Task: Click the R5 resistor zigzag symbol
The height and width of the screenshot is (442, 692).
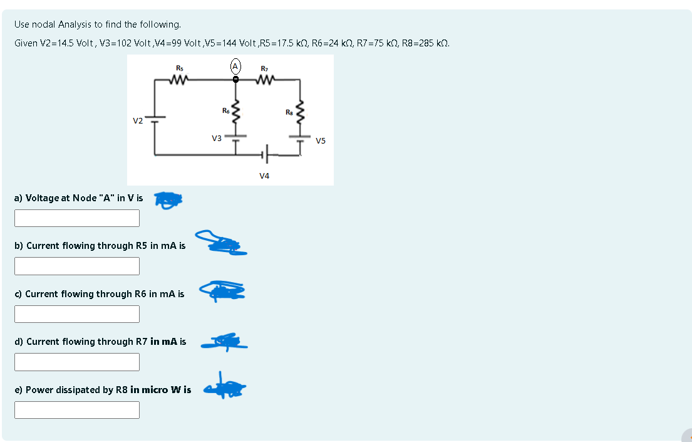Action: click(180, 80)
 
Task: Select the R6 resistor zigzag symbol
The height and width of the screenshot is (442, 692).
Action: click(236, 113)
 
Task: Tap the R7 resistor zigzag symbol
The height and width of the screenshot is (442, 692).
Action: click(265, 80)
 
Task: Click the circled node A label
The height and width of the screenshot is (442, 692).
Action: click(235, 66)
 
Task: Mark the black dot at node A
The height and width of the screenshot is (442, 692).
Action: click(235, 80)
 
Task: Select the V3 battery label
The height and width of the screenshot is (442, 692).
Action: click(216, 138)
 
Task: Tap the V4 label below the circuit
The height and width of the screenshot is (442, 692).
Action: click(264, 176)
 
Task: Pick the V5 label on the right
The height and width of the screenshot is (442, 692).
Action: click(321, 140)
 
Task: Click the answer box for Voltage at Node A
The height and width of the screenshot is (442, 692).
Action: click(77, 218)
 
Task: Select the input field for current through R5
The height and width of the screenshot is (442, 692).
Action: click(77, 266)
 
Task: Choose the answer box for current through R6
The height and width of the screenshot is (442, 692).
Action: click(77, 314)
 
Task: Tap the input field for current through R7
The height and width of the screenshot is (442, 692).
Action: click(77, 362)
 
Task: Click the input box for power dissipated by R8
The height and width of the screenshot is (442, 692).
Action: click(77, 410)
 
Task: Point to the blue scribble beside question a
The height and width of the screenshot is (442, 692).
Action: click(168, 199)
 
